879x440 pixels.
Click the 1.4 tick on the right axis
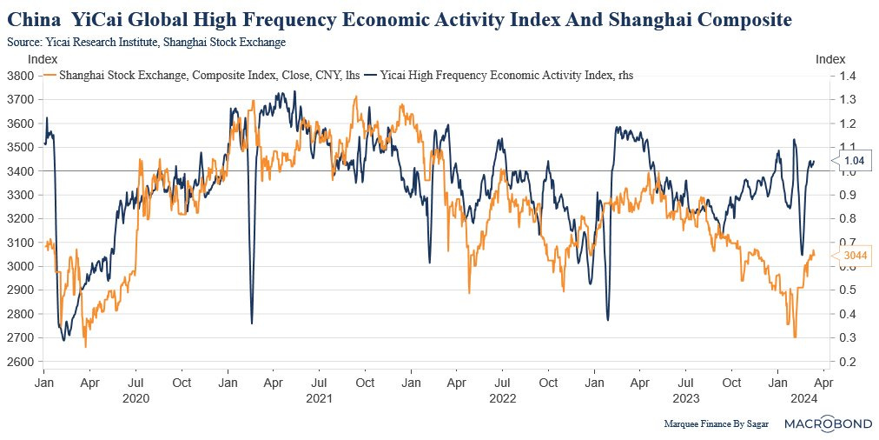coord(848,76)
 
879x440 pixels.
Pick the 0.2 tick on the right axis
coord(848,362)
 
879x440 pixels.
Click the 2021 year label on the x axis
coord(320,398)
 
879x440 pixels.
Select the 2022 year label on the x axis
coord(503,398)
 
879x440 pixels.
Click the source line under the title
coord(146,41)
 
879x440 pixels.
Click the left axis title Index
coord(43,59)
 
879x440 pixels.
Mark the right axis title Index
coord(829,59)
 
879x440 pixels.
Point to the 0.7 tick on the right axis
coord(848,243)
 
